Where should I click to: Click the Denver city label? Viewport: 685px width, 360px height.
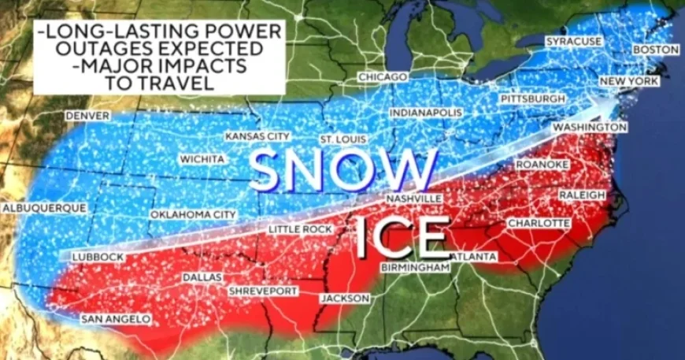87,115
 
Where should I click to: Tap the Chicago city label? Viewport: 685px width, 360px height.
383,77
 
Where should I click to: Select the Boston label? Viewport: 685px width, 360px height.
655,50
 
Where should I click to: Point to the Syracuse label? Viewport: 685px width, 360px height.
574,41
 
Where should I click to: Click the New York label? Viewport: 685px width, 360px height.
628,82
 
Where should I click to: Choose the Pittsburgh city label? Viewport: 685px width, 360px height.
533,99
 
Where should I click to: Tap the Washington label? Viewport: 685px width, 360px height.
590,127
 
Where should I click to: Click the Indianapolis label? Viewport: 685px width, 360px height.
426,113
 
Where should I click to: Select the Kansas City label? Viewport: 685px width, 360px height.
257,136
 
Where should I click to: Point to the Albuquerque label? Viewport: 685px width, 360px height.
44,208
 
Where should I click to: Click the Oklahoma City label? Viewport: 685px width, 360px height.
194,214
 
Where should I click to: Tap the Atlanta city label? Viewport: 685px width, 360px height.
474,257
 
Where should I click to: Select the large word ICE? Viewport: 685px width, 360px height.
402,237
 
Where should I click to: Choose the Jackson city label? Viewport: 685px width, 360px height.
344,299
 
